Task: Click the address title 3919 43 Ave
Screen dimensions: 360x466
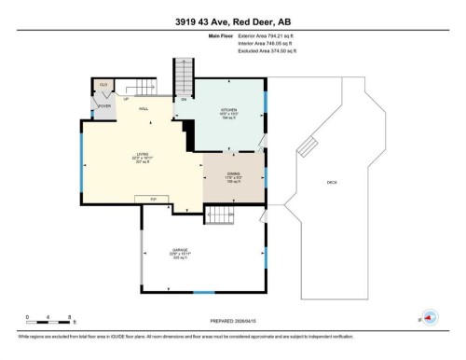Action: coord(232,21)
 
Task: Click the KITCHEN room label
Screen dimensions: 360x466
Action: coord(229,108)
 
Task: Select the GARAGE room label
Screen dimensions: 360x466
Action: coord(180,251)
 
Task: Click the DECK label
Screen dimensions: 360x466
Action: coord(332,182)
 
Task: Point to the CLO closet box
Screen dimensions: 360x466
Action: coord(103,85)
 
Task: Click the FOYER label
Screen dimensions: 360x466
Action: coord(104,105)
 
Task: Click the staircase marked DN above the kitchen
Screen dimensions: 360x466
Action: coord(184,76)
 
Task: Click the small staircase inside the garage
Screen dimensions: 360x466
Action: coord(218,216)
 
